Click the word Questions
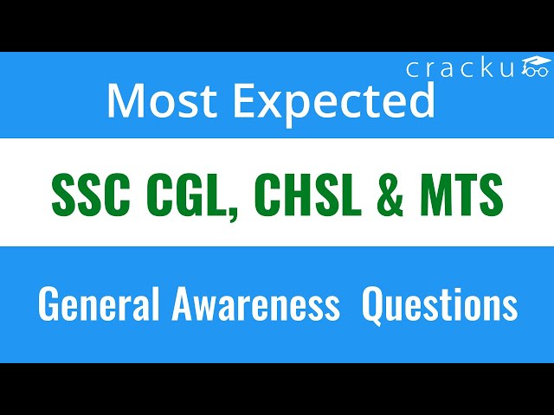pos(440,306)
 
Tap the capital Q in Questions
pos(374,306)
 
